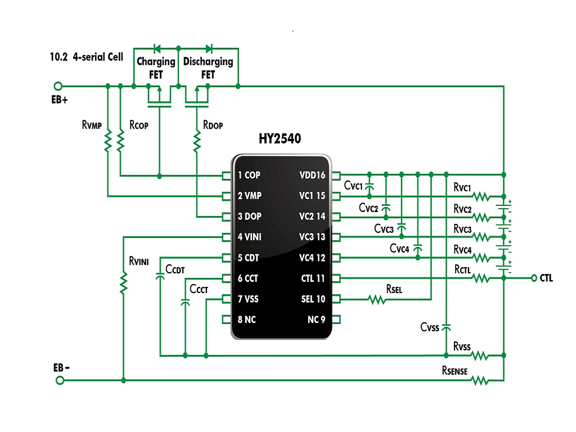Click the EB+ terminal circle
coord(58,86)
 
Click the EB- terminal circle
coord(60,380)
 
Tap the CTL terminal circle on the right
coord(534,278)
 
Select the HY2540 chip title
coord(280,138)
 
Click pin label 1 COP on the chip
coord(249,175)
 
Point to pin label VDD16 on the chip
coord(312,175)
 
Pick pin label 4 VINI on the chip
coord(249,237)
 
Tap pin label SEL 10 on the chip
coord(313,299)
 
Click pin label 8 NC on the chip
coord(246,319)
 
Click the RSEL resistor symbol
coord(377,300)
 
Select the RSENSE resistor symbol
coord(480,380)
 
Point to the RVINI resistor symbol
coord(124,282)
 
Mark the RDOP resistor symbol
coord(197,141)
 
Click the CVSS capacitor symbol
coord(446,327)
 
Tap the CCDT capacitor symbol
coord(160,276)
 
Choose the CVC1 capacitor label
coord(353,186)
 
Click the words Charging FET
coord(156,68)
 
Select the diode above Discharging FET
coord(209,48)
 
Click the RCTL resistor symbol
coord(481,278)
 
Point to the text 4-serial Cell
coord(98,57)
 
